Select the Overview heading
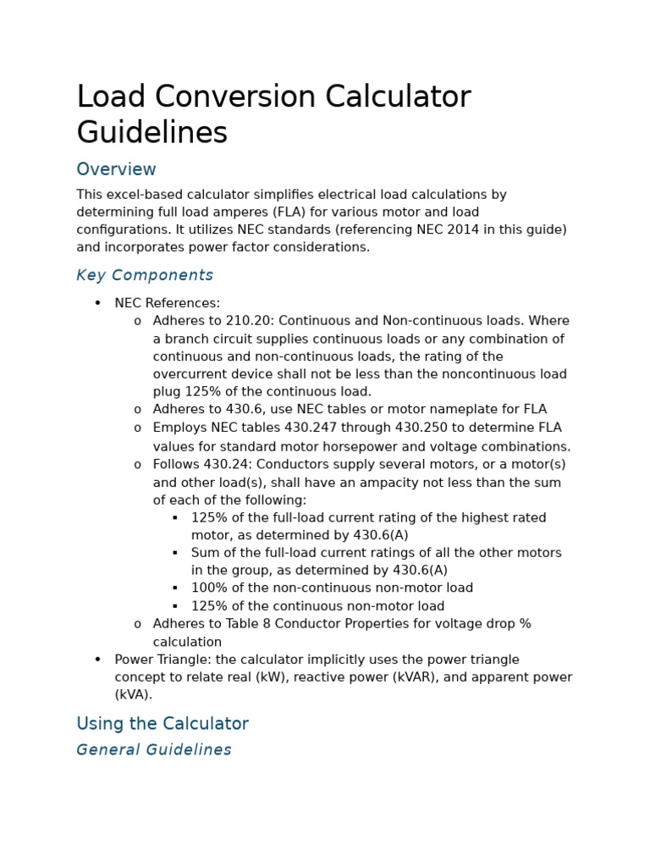click(116, 169)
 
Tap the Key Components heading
click(145, 275)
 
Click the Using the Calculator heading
click(162, 724)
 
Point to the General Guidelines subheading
click(154, 750)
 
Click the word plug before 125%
click(167, 392)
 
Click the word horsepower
click(374, 447)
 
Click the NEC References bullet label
click(167, 303)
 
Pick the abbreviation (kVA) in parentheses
click(134, 695)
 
